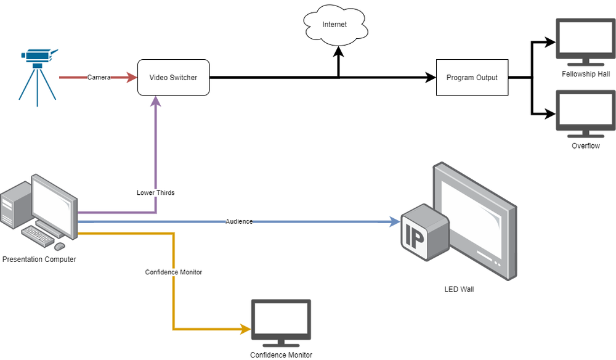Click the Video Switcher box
173,78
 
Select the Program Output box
472,78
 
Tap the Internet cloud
334,25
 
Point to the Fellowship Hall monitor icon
585,41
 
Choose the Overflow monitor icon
585,113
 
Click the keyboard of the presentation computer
38,235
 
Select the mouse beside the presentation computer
60,246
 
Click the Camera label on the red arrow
99,78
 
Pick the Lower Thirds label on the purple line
155,193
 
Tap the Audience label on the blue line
239,221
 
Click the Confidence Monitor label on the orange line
174,272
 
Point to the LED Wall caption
460,289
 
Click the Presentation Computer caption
39,260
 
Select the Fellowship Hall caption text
586,74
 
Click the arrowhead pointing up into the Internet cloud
338,54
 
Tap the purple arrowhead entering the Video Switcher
155,101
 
